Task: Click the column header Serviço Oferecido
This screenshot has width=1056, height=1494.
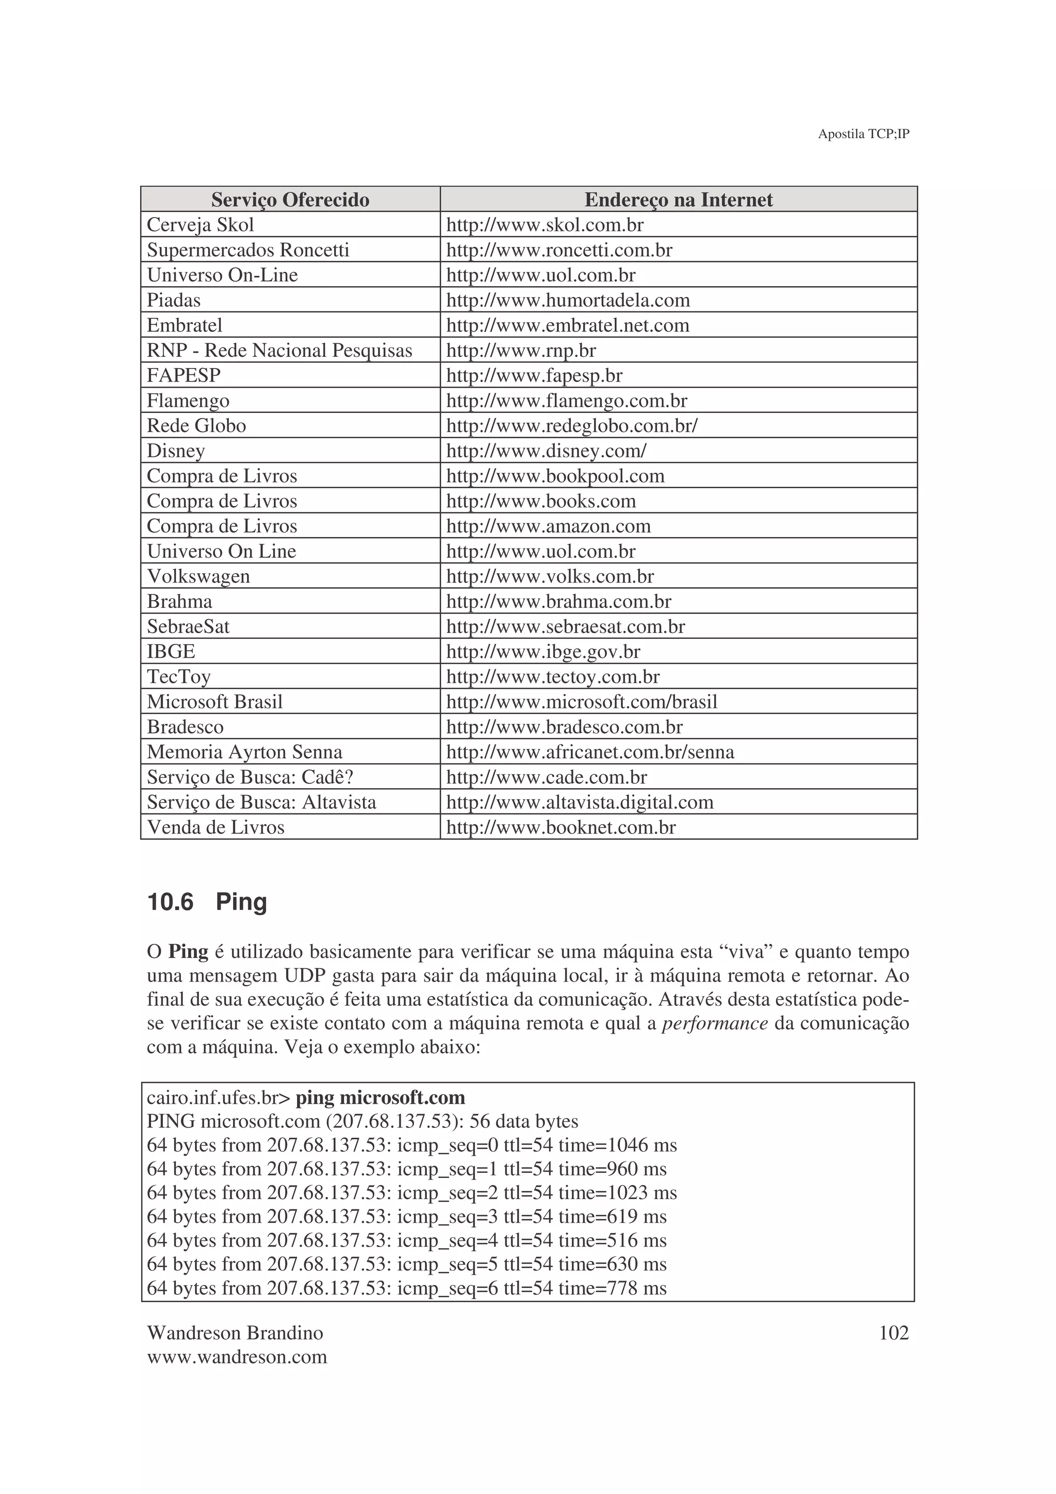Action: click(x=290, y=200)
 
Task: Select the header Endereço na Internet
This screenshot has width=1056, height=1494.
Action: click(x=678, y=200)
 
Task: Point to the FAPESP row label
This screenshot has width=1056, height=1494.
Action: click(x=184, y=375)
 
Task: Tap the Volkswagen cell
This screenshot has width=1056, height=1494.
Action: click(x=199, y=576)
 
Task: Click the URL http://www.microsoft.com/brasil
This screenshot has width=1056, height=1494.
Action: click(x=581, y=702)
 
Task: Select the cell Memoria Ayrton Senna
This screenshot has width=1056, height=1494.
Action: click(x=244, y=752)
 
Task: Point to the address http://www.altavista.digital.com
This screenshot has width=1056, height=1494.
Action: click(x=579, y=802)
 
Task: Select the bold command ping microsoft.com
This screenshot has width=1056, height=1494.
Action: click(x=380, y=1098)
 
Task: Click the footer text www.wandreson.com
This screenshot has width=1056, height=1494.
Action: click(x=237, y=1357)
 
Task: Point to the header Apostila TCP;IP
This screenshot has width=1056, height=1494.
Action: click(x=863, y=134)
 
